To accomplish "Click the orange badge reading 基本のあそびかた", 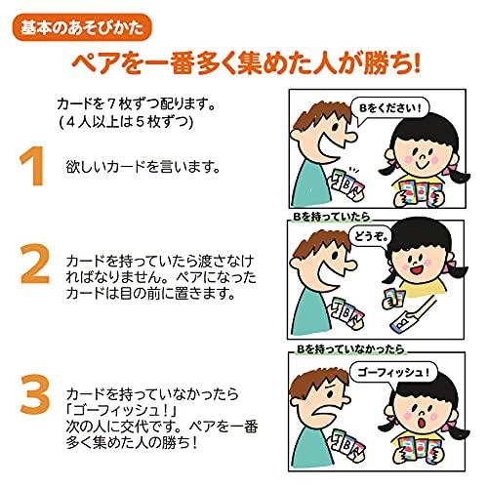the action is (82, 27).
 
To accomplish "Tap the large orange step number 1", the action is (33, 166).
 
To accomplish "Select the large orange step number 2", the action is (35, 264).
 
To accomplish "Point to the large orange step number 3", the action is (35, 394).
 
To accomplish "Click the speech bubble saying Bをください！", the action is (389, 109).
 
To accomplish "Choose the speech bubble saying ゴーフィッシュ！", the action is (393, 372).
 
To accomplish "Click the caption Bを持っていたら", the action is (332, 217).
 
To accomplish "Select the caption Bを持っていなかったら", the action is (350, 349).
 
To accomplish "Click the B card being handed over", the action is (402, 322).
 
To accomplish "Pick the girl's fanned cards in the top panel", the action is (421, 192).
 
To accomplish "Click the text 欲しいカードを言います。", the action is (143, 167).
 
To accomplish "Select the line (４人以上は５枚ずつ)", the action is (126, 122).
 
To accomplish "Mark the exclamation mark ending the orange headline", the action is (416, 62).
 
